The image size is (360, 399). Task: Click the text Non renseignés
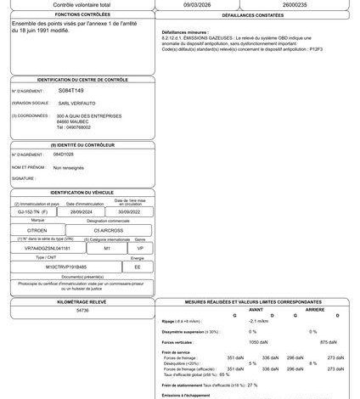[69, 168]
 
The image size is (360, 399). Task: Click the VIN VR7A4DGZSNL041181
[41, 249]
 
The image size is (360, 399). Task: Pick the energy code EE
[138, 266]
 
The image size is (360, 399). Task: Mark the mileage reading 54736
[82, 311]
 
